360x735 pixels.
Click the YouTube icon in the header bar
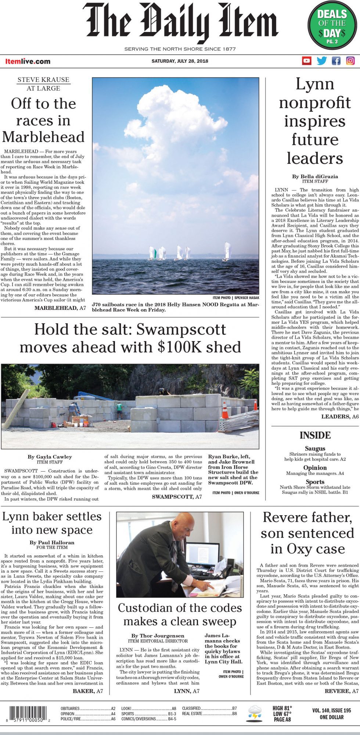306,61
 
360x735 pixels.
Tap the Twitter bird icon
321,61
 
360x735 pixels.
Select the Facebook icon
336,61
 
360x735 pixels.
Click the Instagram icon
350,61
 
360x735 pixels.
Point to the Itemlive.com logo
28,61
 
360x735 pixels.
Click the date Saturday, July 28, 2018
180,61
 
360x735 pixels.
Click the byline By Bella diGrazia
315,176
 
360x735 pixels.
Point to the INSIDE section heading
315,435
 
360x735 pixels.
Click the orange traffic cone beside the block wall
225,410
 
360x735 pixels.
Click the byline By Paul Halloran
52,542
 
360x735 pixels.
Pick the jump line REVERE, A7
341,691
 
